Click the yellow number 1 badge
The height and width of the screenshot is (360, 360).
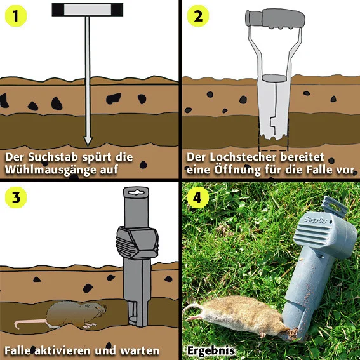coord(16,16)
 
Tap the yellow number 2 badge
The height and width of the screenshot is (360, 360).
coord(198,16)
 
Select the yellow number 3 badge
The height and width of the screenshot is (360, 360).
coord(16,197)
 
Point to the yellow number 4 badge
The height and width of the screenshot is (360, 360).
coord(198,197)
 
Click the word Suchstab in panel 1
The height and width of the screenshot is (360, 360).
coord(53,157)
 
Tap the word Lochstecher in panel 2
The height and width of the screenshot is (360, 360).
coord(243,157)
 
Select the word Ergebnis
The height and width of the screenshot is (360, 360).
coord(211,351)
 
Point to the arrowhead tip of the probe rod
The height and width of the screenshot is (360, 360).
coord(88,145)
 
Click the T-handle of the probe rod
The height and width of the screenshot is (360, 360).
coord(88,10)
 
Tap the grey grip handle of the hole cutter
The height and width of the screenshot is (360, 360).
coord(275,19)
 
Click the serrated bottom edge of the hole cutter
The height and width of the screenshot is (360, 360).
coord(274,137)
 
